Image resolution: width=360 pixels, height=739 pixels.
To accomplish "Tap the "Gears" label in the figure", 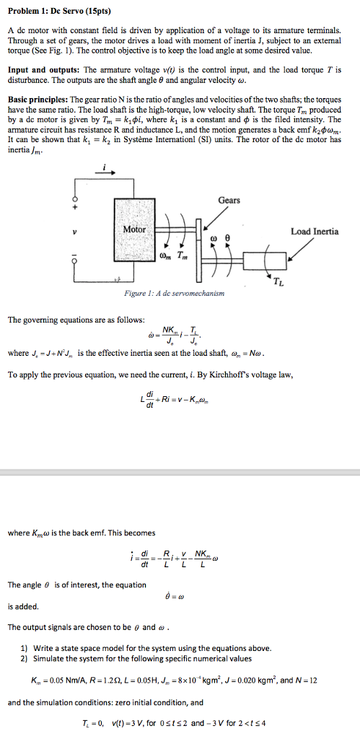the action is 229,200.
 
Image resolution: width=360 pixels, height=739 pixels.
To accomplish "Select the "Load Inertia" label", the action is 314,232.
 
